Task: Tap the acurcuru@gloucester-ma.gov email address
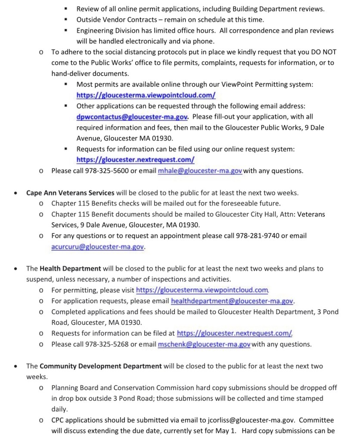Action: (98, 247)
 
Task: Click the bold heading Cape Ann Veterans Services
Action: (70, 193)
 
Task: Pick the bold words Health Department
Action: (70, 268)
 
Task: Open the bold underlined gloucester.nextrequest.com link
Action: (135, 160)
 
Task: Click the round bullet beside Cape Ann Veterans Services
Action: (16, 193)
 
